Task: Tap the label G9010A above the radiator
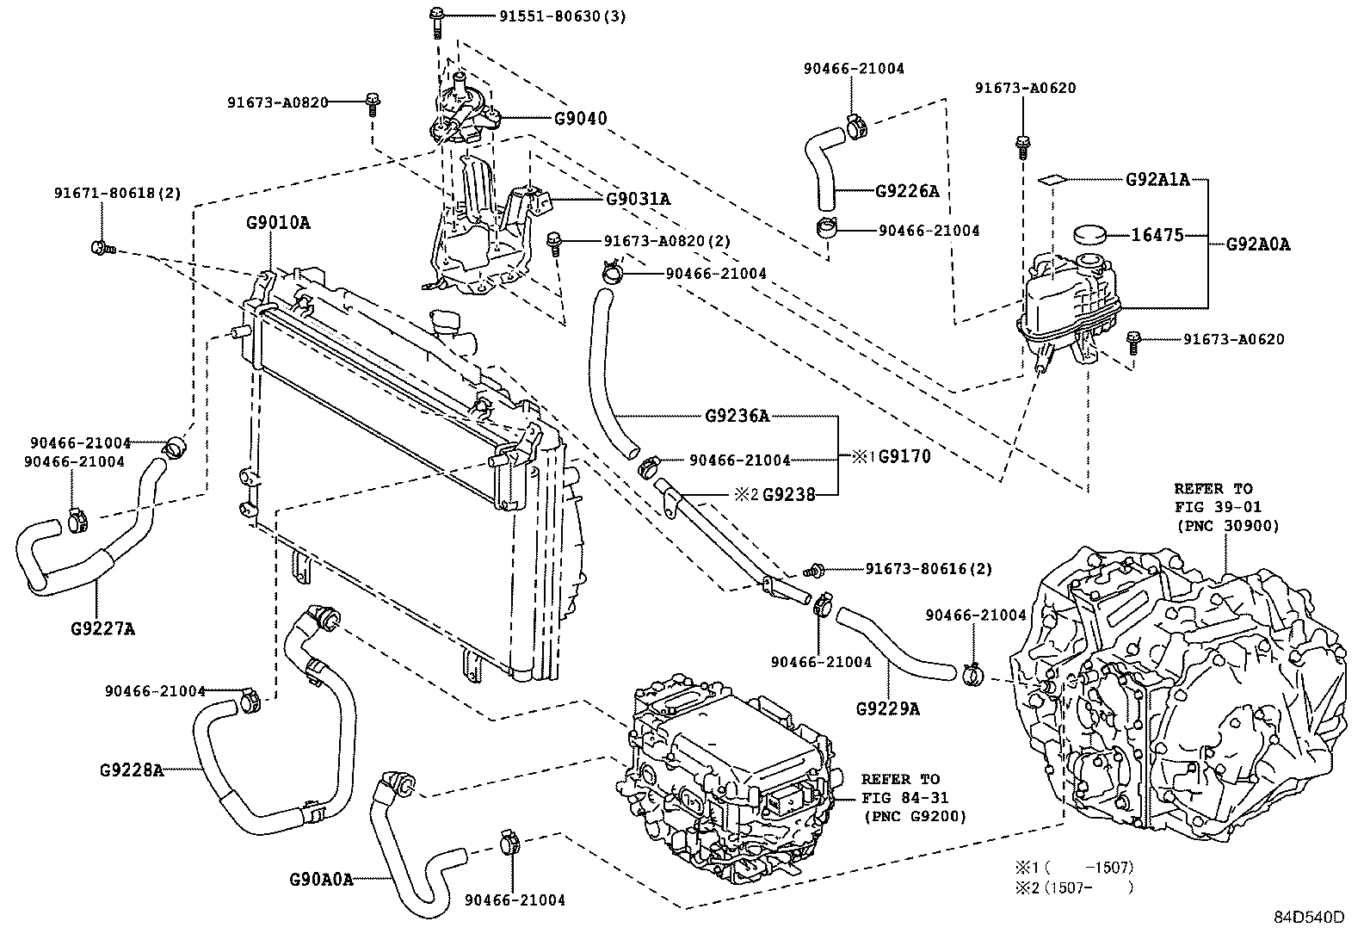pyautogui.click(x=278, y=223)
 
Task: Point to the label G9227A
pyautogui.click(x=102, y=628)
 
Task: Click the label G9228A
pyautogui.click(x=131, y=769)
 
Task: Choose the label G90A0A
pyautogui.click(x=322, y=880)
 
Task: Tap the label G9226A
pyautogui.click(x=907, y=191)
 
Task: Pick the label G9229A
pyautogui.click(x=888, y=709)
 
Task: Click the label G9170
pyautogui.click(x=904, y=456)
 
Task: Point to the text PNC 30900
pyautogui.click(x=1227, y=526)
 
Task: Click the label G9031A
pyautogui.click(x=638, y=199)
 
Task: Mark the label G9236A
pyautogui.click(x=737, y=417)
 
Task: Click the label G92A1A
pyautogui.click(x=1157, y=180)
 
